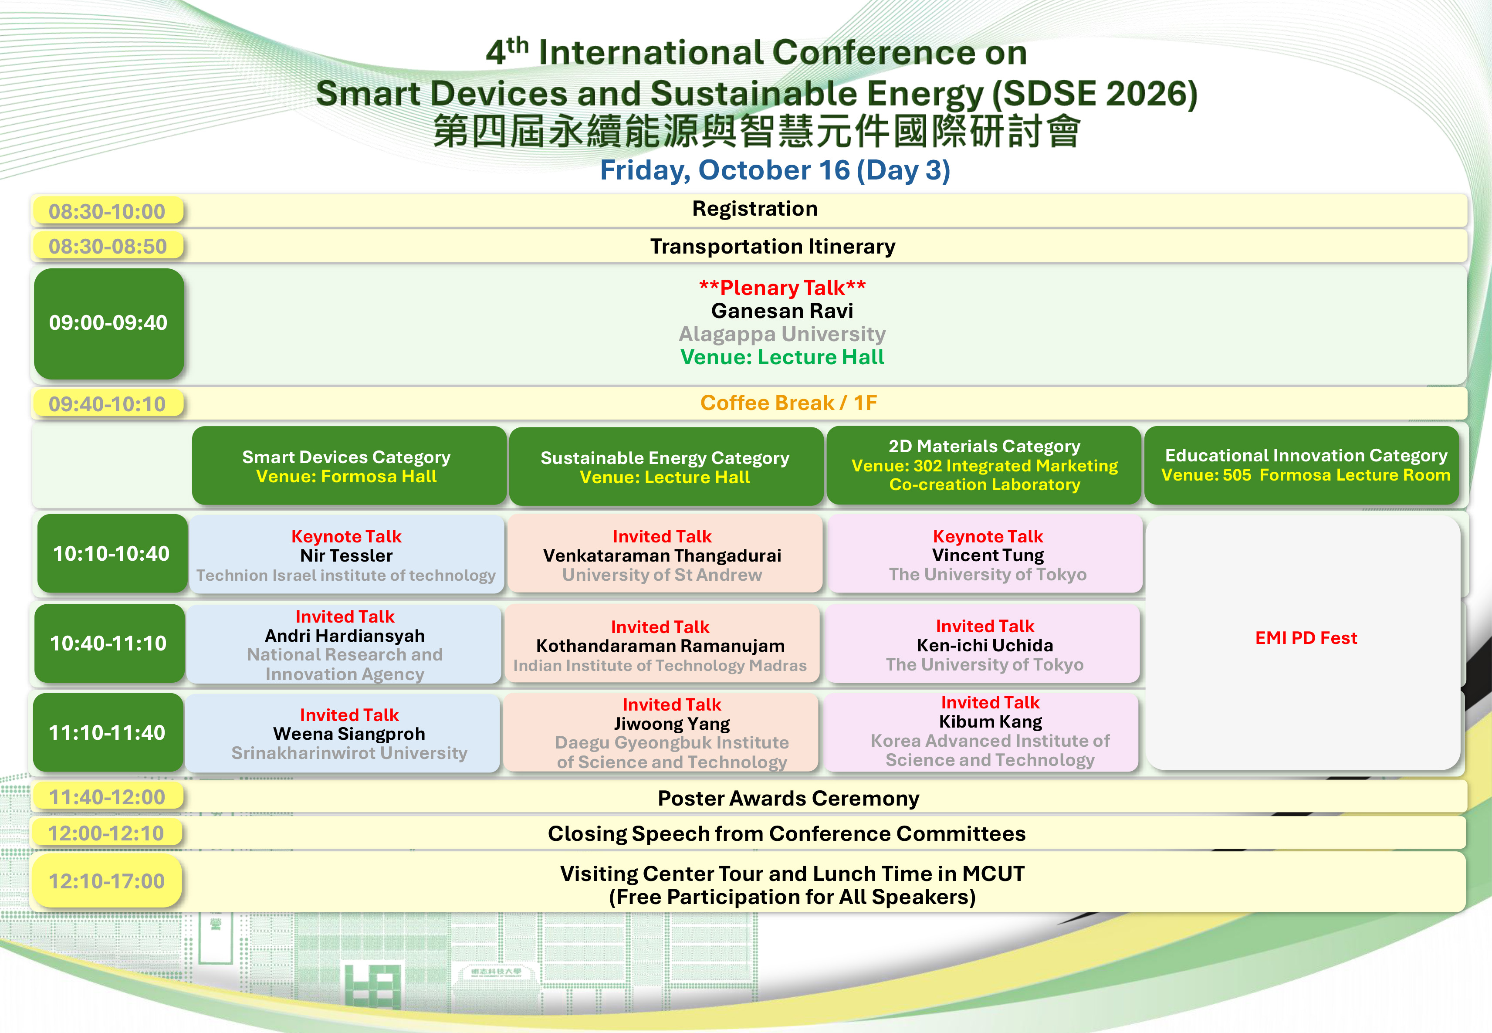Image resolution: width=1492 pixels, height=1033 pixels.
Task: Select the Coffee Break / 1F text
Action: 789,403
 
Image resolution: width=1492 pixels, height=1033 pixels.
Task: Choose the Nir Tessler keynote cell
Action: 346,554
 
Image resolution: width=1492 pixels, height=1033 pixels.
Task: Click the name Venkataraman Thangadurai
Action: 662,556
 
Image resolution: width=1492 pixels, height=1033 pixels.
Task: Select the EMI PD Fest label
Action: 1306,638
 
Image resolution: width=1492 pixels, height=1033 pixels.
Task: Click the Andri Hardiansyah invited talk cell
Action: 344,644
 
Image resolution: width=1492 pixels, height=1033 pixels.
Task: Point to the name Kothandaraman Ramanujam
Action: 660,646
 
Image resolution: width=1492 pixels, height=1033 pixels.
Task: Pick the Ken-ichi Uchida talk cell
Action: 984,644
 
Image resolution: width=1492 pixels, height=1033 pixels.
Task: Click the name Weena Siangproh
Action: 349,734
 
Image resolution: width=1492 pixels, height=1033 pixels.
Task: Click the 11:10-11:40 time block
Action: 108,733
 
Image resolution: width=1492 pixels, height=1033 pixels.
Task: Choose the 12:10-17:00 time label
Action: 107,881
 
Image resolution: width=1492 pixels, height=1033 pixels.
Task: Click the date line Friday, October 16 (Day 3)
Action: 775,170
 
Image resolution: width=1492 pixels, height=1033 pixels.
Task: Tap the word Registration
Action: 754,209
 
